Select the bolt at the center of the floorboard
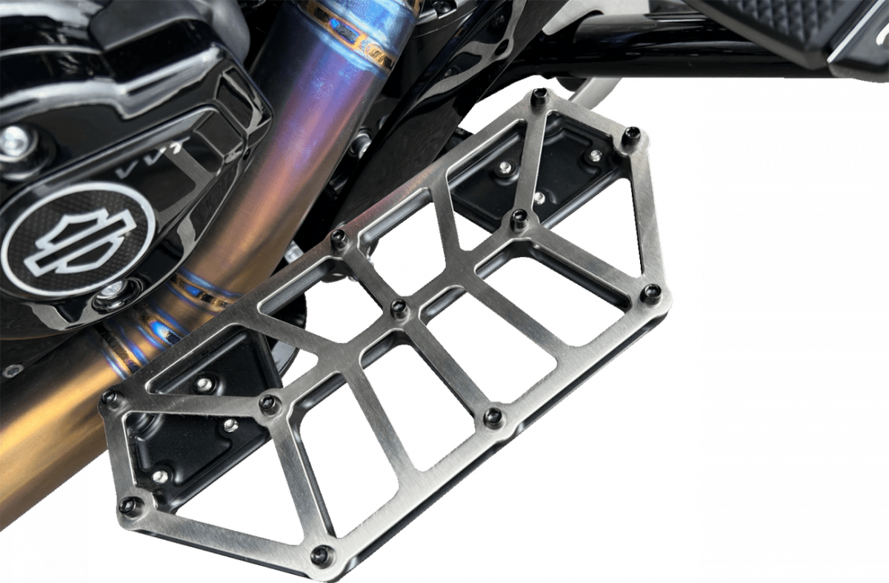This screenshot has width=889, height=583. [399, 308]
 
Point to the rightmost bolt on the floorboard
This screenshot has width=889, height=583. [650, 293]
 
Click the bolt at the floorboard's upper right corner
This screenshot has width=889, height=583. [630, 136]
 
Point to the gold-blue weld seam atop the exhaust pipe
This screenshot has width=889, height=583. [356, 33]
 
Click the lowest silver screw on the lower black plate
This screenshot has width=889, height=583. [160, 476]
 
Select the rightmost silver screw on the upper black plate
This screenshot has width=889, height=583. [594, 156]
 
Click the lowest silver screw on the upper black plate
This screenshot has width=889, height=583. [539, 198]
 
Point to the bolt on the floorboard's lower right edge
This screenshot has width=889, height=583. [493, 417]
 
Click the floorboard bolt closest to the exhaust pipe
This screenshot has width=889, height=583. [339, 239]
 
